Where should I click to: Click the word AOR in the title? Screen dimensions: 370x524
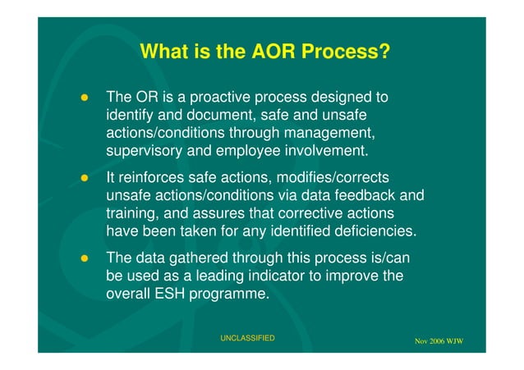pyautogui.click(x=246, y=53)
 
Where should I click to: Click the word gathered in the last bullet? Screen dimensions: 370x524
pyautogui.click(x=194, y=258)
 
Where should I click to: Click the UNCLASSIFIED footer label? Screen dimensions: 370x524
pyautogui.click(x=247, y=338)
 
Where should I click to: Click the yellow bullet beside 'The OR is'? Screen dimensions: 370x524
pyautogui.click(x=84, y=99)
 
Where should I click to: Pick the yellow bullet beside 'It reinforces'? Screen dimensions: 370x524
pyautogui.click(x=84, y=178)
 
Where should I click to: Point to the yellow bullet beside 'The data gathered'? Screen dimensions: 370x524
pyautogui.click(x=84, y=258)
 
